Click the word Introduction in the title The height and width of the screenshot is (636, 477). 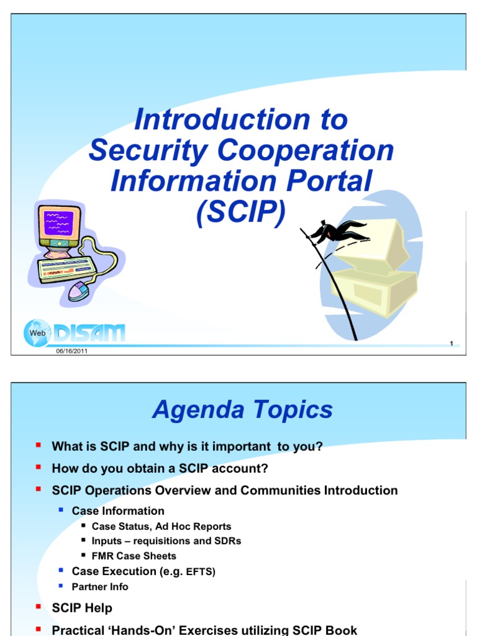pos(222,120)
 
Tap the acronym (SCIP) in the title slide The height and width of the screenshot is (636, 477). pos(241,212)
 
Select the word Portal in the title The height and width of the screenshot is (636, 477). pos(329,181)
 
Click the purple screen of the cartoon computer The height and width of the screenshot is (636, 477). pos(59,222)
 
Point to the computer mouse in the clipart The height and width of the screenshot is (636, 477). pos(78,291)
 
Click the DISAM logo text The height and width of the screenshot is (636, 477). pos(89,333)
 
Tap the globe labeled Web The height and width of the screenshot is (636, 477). pos(37,333)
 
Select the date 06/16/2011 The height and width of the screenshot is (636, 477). pos(72,351)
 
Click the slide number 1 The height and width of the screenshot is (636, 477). pos(452,343)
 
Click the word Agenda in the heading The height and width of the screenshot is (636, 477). pos(199,410)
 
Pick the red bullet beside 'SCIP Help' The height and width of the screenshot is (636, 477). pos(39,607)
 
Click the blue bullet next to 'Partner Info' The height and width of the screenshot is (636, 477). pos(61,586)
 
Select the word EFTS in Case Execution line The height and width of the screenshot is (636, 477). pos(201,572)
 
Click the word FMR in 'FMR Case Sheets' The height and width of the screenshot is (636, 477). pos(102,556)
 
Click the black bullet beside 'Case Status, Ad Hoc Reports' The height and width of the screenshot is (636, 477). pos(84,525)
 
